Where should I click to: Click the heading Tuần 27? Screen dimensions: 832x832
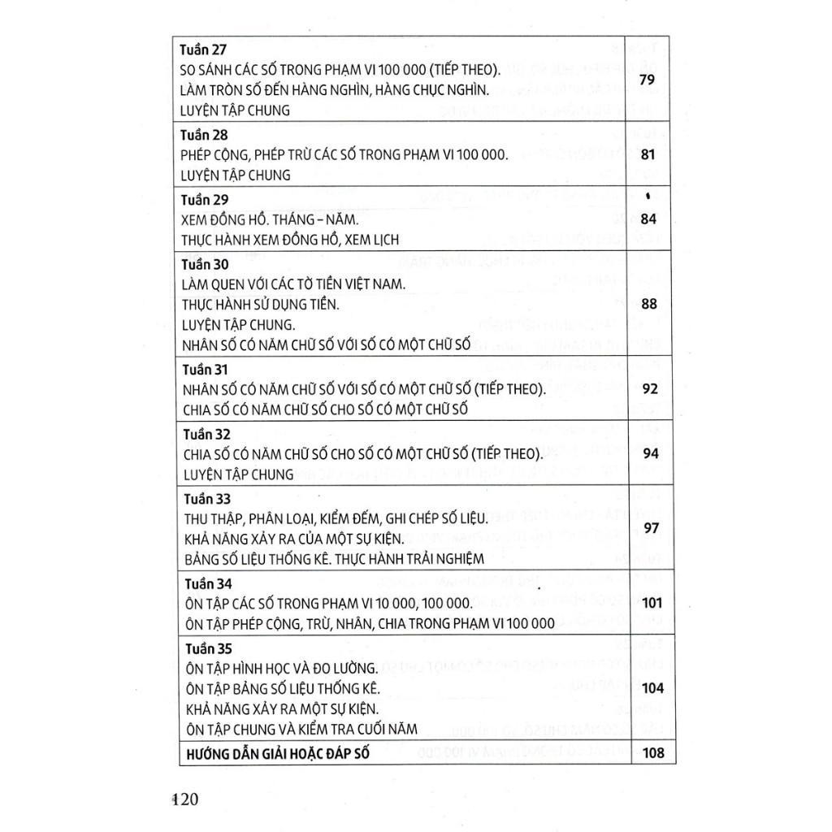pyautogui.click(x=205, y=50)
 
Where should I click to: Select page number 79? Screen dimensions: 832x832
pyautogui.click(x=648, y=80)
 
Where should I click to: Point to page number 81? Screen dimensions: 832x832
pyautogui.click(x=648, y=154)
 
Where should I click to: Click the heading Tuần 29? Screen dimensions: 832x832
pyautogui.click(x=205, y=200)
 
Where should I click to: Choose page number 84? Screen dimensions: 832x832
pyautogui.click(x=648, y=219)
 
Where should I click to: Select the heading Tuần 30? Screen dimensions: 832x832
pyautogui.click(x=205, y=264)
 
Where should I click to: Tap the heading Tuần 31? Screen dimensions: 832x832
pyautogui.click(x=205, y=370)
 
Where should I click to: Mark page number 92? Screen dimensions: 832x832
pyautogui.click(x=650, y=388)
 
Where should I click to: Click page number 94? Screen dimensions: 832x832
pyautogui.click(x=650, y=453)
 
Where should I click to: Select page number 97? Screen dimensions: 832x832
pyautogui.click(x=650, y=528)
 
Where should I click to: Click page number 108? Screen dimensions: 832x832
pyautogui.click(x=652, y=752)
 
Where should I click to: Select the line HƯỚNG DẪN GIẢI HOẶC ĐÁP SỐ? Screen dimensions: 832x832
pyautogui.click(x=276, y=753)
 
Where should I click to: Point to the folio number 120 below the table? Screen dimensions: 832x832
pyautogui.click(x=185, y=799)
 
